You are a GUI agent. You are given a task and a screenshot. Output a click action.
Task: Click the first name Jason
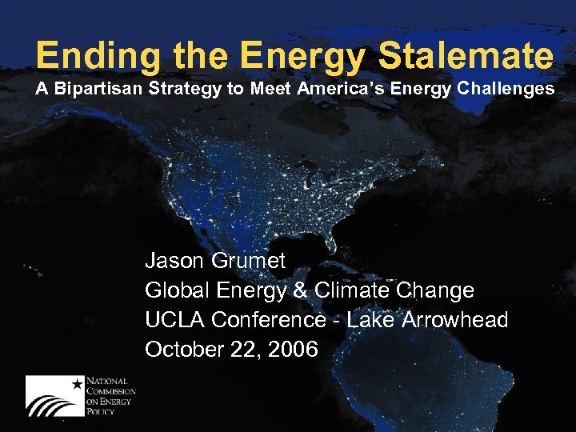point(174,260)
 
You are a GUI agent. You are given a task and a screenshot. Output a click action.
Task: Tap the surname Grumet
point(248,260)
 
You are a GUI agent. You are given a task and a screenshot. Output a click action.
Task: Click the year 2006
point(294,350)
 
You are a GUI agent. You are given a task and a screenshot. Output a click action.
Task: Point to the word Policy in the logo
point(102,411)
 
